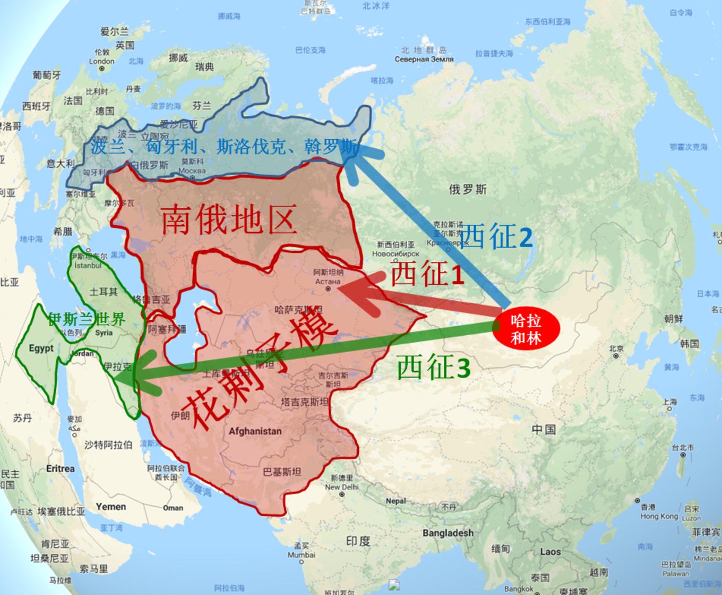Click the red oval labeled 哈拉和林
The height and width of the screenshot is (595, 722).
(x=526, y=329)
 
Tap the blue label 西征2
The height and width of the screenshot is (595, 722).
(x=495, y=237)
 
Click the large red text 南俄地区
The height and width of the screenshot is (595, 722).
(x=228, y=220)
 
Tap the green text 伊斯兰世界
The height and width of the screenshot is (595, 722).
(x=87, y=319)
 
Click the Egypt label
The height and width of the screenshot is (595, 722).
(x=41, y=348)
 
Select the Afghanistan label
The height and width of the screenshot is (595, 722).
(x=255, y=431)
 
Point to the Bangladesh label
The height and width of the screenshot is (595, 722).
(x=448, y=533)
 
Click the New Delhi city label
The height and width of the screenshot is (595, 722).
(x=341, y=487)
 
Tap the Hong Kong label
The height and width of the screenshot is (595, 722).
(x=659, y=516)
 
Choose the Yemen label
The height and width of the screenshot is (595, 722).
(x=111, y=506)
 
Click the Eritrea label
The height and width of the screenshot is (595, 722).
(x=61, y=469)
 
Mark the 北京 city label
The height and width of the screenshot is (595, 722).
(x=616, y=349)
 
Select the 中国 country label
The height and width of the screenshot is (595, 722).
(x=543, y=429)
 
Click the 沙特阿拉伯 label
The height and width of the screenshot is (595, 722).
(x=108, y=445)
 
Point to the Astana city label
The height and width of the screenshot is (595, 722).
(x=328, y=281)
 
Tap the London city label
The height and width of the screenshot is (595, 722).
(x=102, y=61)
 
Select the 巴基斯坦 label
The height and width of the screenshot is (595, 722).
(x=282, y=472)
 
